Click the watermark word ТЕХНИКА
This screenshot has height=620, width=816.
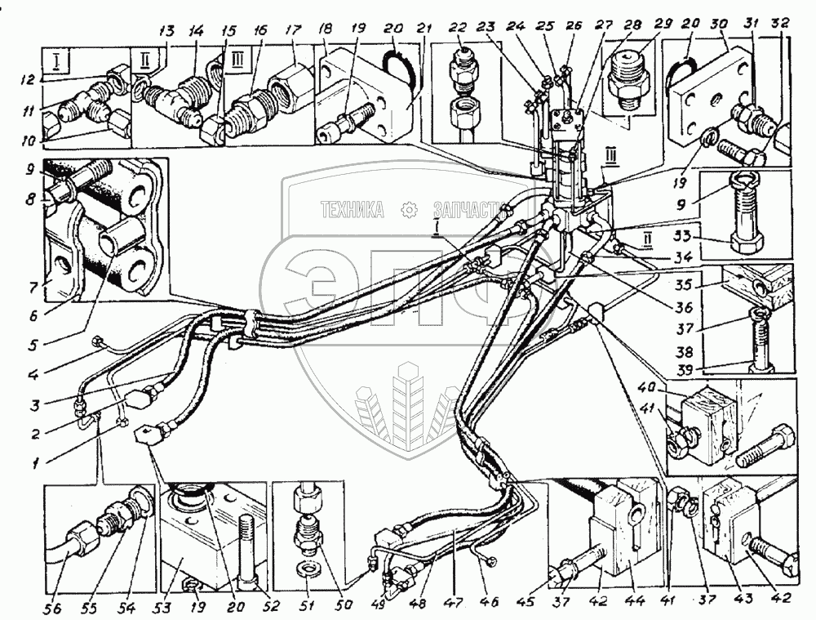[x=353, y=211]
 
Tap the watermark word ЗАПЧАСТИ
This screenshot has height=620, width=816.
[x=463, y=211]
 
